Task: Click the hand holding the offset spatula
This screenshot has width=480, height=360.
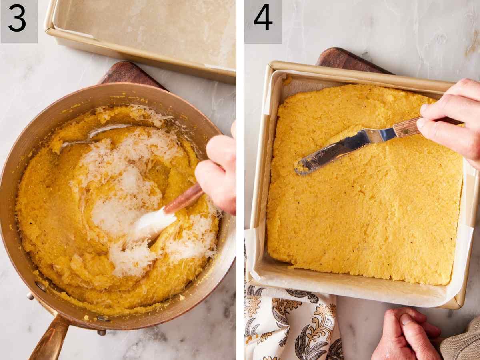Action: pyautogui.click(x=452, y=116)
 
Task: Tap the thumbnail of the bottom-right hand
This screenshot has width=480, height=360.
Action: pyautogui.click(x=405, y=319)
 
